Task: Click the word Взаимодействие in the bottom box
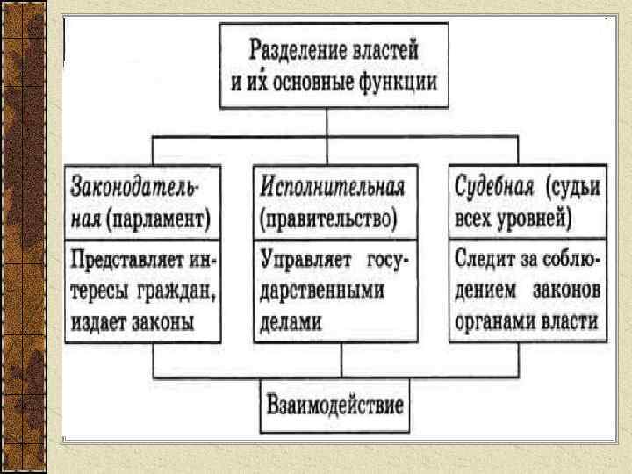[334, 406]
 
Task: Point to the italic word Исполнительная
[333, 187]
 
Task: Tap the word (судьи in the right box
[571, 187]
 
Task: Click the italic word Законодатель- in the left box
[136, 187]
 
